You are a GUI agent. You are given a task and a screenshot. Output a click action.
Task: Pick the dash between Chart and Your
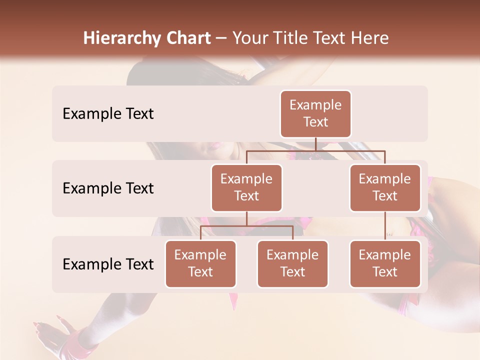(221, 38)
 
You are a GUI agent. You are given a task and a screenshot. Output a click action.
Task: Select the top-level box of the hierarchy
(315, 113)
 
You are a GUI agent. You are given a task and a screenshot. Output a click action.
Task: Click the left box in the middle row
(246, 187)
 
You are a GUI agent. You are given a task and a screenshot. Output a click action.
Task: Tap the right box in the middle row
(385, 187)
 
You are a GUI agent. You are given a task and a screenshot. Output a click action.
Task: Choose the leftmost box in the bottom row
(200, 263)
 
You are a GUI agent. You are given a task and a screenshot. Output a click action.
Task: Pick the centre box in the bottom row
(292, 263)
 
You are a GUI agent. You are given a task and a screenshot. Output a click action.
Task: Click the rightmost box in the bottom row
(385, 263)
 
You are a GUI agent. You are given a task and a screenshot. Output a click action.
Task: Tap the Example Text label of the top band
(108, 114)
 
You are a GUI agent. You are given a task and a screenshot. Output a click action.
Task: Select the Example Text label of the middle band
(108, 188)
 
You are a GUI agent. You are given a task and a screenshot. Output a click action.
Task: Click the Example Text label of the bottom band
(108, 264)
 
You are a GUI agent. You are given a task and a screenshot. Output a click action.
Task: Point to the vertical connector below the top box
(315, 144)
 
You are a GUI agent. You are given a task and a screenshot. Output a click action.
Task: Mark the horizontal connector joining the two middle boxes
(315, 150)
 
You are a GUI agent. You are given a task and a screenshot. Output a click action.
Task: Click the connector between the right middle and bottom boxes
(385, 225)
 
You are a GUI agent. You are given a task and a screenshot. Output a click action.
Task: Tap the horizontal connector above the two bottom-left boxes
(246, 226)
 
